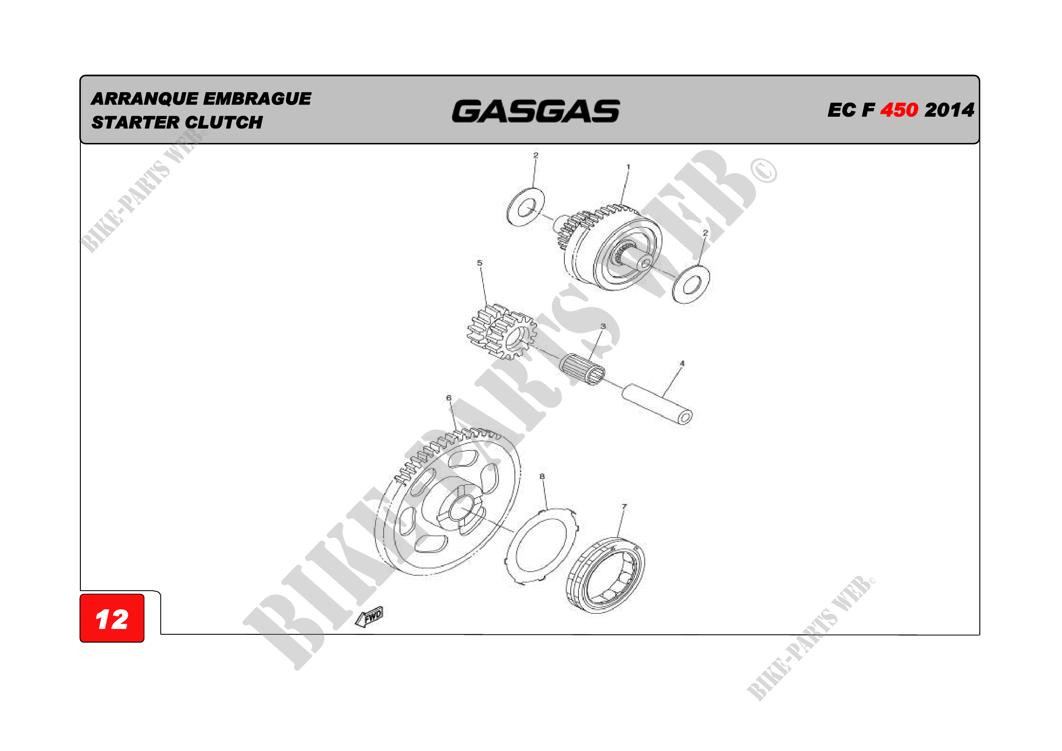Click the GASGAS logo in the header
(536, 111)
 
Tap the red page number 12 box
(112, 618)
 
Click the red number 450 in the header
(899, 110)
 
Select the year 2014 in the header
(949, 110)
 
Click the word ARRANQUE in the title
(144, 99)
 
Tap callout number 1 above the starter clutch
(627, 167)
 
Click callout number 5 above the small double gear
(479, 263)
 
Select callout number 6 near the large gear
(449, 398)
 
